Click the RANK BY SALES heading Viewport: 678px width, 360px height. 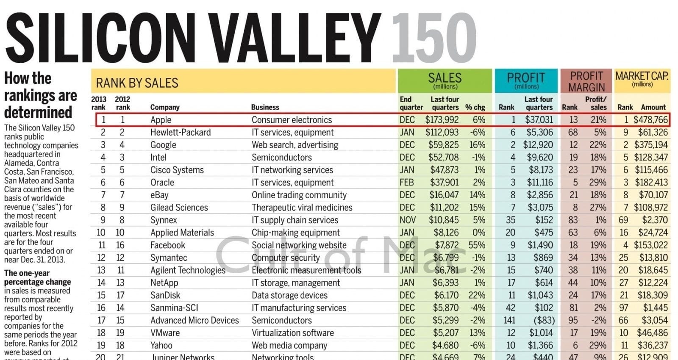click(137, 83)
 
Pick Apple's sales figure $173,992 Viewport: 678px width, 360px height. click(442, 120)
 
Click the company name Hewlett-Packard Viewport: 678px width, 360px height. click(181, 133)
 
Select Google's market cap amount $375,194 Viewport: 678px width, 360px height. click(651, 145)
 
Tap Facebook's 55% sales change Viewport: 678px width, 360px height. click(477, 245)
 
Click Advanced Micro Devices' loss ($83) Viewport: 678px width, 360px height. click(544, 321)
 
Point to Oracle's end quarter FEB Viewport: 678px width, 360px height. click(407, 183)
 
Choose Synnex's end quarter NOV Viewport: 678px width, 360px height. click(407, 220)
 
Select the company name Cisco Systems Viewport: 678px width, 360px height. click(177, 170)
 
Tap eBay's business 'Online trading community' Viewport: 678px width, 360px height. click(299, 195)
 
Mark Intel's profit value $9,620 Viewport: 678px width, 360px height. click(540, 158)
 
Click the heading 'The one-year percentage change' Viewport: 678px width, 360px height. click(37, 277)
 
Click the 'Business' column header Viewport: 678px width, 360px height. click(265, 108)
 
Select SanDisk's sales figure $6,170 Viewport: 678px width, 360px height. click(446, 295)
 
